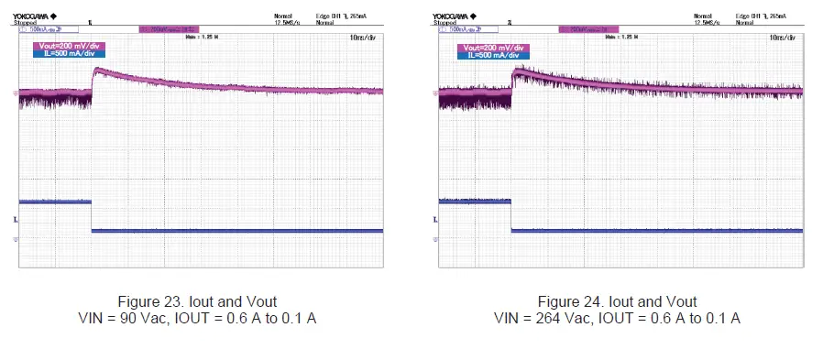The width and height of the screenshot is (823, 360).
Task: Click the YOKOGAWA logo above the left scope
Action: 35,16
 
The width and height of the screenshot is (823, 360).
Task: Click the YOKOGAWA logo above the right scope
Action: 455,16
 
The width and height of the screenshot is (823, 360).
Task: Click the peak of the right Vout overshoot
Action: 516,71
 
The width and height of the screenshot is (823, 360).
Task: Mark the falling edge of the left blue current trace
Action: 92,215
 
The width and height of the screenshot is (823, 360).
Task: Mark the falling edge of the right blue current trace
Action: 511,215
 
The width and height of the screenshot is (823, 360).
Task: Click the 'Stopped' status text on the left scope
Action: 28,22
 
